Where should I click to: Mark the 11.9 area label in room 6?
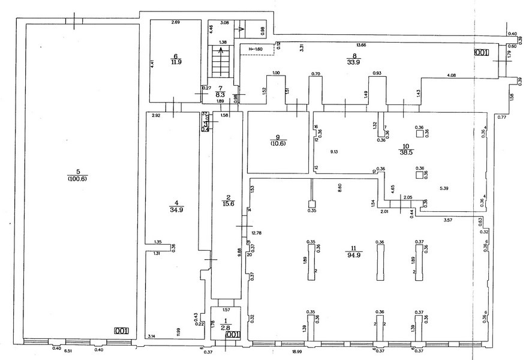pyautogui.click(x=176, y=61)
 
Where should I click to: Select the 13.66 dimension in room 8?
pyautogui.click(x=361, y=44)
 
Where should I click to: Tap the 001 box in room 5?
pyautogui.click(x=122, y=330)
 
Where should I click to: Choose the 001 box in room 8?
pyautogui.click(x=482, y=53)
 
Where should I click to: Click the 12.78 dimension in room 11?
pyautogui.click(x=257, y=232)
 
